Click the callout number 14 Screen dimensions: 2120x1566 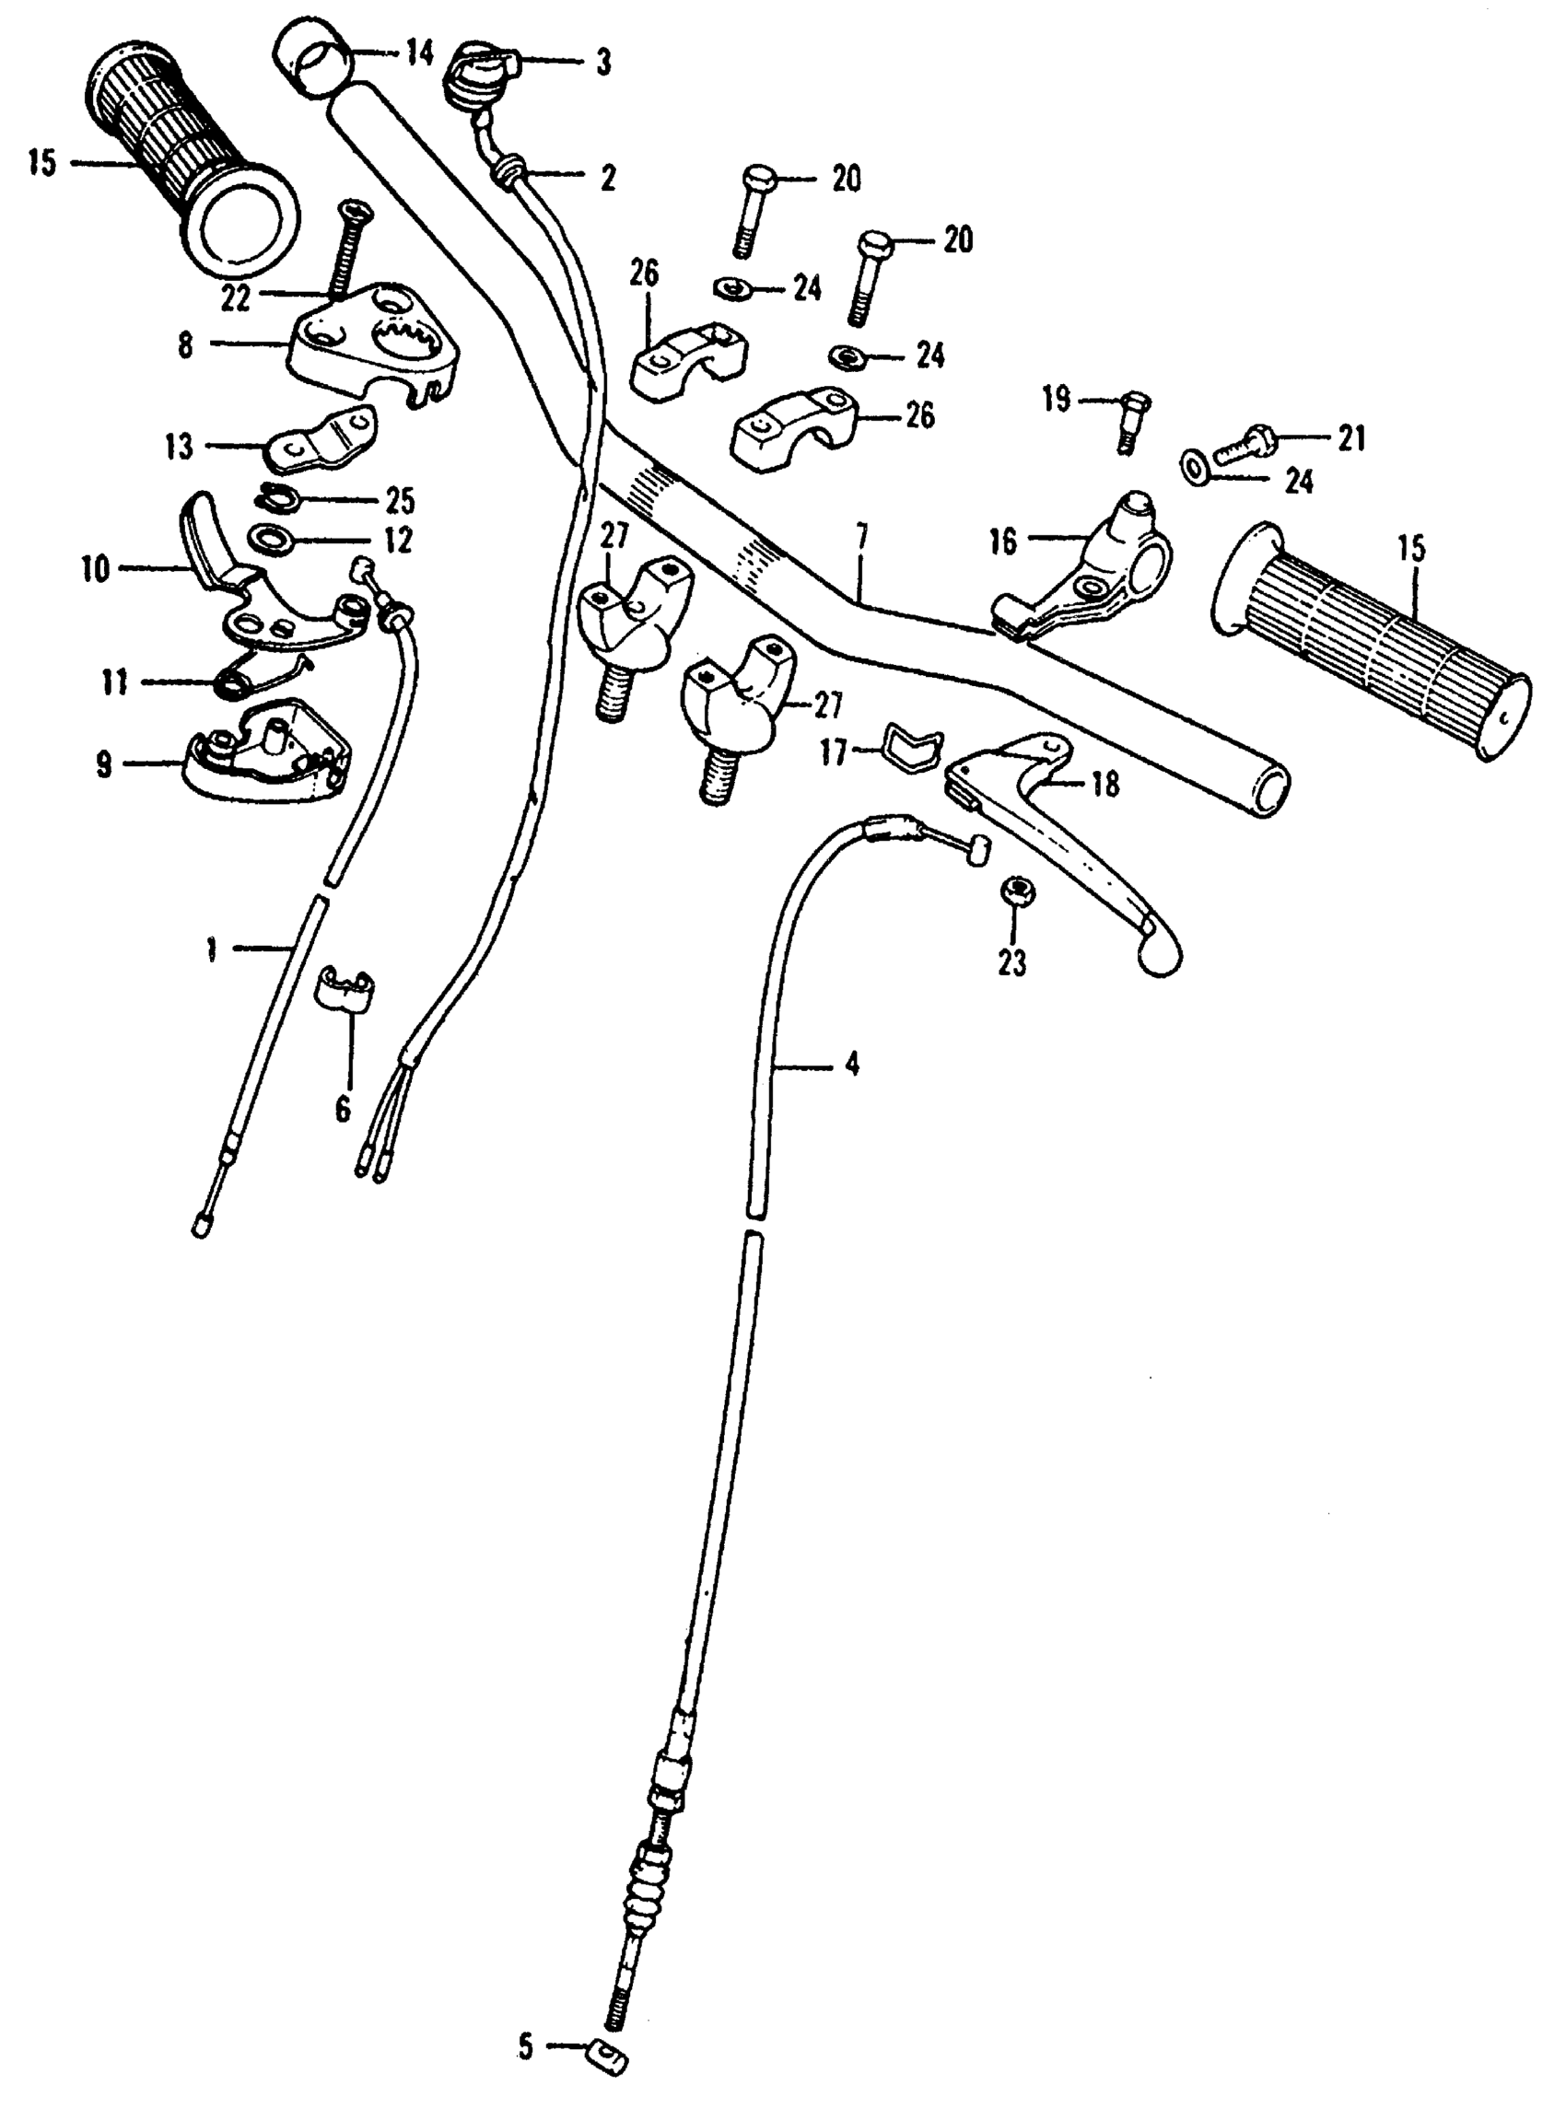(x=418, y=54)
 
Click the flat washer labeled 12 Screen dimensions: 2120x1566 (x=271, y=541)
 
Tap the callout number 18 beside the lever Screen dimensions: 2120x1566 (x=1105, y=785)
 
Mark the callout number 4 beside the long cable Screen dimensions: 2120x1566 (x=851, y=1065)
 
